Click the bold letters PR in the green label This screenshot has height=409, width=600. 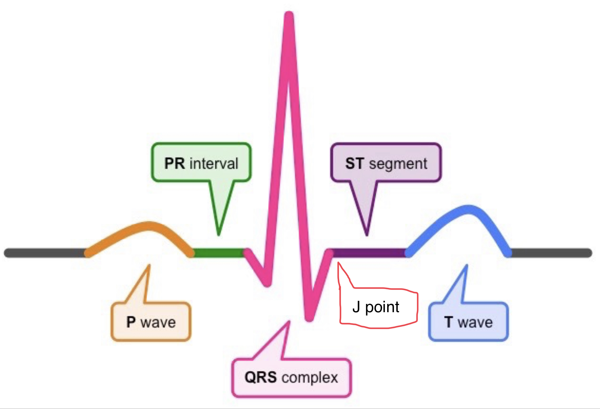(175, 163)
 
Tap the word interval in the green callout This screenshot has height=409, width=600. (214, 163)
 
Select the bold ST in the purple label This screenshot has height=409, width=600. (355, 163)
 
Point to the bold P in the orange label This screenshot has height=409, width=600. (131, 322)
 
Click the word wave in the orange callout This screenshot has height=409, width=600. (158, 322)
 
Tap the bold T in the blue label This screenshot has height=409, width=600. (448, 322)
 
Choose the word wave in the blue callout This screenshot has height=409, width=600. (475, 322)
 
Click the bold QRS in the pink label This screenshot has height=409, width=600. (260, 377)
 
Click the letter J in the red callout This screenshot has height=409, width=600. (356, 307)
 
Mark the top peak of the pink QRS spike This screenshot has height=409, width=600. (289, 15)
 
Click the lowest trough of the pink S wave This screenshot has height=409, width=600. (309, 318)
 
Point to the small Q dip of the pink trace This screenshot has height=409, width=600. (268, 283)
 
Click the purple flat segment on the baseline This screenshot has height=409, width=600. (369, 253)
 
